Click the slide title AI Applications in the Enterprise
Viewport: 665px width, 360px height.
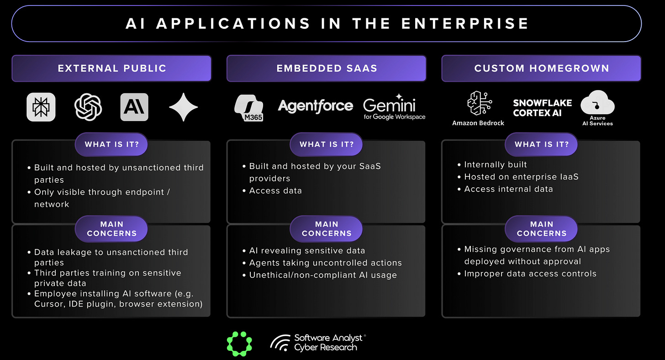point(327,23)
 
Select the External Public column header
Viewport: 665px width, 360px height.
point(111,69)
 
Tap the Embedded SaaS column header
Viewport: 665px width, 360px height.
point(327,69)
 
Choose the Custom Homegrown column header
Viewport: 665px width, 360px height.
point(541,69)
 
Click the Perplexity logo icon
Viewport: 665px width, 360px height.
point(41,107)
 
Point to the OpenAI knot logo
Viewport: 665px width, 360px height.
point(88,107)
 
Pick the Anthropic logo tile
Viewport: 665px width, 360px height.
point(134,107)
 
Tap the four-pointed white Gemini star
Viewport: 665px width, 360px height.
point(183,107)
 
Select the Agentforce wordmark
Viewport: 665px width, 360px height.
point(315,106)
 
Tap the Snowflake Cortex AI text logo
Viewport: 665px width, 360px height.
point(542,108)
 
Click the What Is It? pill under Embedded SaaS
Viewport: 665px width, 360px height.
point(327,144)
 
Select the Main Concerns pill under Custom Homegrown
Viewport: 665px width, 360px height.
point(541,228)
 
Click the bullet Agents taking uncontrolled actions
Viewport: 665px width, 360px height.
point(325,263)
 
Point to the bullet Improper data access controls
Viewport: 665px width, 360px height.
point(530,274)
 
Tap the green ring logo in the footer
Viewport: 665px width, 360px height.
point(239,343)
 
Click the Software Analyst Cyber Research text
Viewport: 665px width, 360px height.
point(328,343)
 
